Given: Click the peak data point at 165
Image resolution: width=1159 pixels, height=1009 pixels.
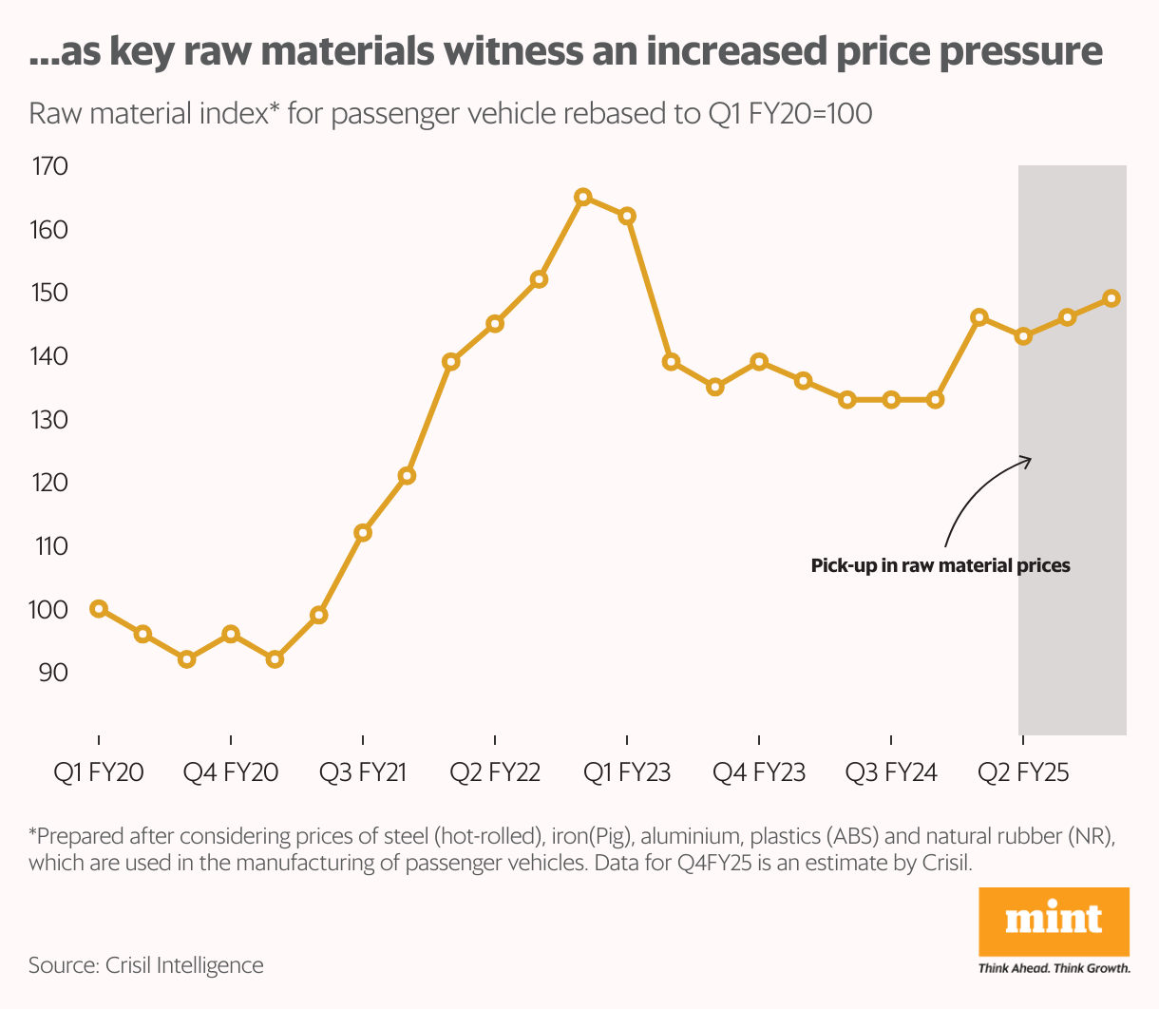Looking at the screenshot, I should point(583,197).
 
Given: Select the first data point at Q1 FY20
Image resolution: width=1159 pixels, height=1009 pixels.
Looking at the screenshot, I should point(99,609).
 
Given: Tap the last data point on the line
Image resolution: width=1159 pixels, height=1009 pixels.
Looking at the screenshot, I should point(1111,298).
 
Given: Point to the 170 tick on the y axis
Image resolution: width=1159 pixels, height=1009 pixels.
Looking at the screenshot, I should point(49,167).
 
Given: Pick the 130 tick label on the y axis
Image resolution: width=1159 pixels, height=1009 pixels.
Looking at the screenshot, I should point(49,420).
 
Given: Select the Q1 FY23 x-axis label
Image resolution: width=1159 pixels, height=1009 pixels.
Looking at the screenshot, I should point(627,772).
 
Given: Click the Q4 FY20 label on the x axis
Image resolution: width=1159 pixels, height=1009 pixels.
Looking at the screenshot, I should point(231,772).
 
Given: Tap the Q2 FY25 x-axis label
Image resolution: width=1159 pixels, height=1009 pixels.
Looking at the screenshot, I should point(1023,772).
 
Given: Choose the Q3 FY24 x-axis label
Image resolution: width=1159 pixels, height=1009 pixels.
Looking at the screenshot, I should point(891,772).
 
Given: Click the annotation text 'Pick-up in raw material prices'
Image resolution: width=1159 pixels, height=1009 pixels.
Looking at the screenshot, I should point(940,566).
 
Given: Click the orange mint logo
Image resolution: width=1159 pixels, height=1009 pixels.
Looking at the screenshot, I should point(1054,922).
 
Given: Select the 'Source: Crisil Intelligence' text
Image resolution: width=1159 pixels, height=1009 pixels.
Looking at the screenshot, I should point(146,965).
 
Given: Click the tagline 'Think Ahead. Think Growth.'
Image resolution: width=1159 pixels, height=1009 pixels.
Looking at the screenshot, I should point(1054,969).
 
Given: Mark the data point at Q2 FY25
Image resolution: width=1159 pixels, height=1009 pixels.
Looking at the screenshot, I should point(1023,336).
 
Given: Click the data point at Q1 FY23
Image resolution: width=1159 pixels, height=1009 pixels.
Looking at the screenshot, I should point(627,216).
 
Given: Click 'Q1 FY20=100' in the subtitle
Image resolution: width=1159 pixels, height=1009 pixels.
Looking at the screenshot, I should point(790,114).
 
